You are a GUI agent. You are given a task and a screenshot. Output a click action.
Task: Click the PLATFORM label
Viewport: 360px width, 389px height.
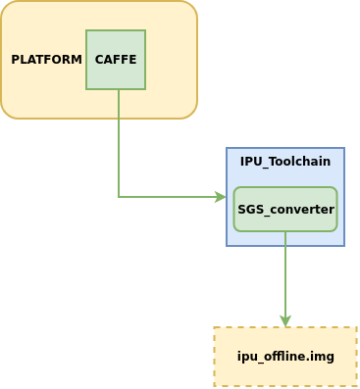(x=46, y=60)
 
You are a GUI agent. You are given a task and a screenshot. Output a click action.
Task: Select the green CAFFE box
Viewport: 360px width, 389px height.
(x=116, y=60)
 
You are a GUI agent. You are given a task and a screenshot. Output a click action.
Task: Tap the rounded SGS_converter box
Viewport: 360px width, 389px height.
(x=285, y=209)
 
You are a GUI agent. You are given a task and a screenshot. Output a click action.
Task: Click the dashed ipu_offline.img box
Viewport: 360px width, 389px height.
(x=285, y=357)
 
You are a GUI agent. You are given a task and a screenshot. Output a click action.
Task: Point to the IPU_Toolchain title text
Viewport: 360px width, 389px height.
(x=285, y=162)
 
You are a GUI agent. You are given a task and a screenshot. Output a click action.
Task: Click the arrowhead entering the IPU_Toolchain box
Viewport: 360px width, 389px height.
(x=221, y=197)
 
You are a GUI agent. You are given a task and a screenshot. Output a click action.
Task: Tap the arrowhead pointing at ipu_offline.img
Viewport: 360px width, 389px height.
(x=285, y=321)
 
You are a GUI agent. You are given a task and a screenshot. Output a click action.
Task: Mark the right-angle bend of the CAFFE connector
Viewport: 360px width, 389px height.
(x=119, y=197)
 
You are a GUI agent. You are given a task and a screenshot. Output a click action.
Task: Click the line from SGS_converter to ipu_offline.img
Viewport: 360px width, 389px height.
(x=285, y=279)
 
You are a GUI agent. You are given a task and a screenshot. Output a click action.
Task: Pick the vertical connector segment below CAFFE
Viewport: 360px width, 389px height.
(x=119, y=143)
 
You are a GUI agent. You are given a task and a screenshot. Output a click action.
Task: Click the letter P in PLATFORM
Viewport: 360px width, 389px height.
(x=15, y=60)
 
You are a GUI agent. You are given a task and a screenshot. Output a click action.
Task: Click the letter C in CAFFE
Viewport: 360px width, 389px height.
(x=99, y=60)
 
